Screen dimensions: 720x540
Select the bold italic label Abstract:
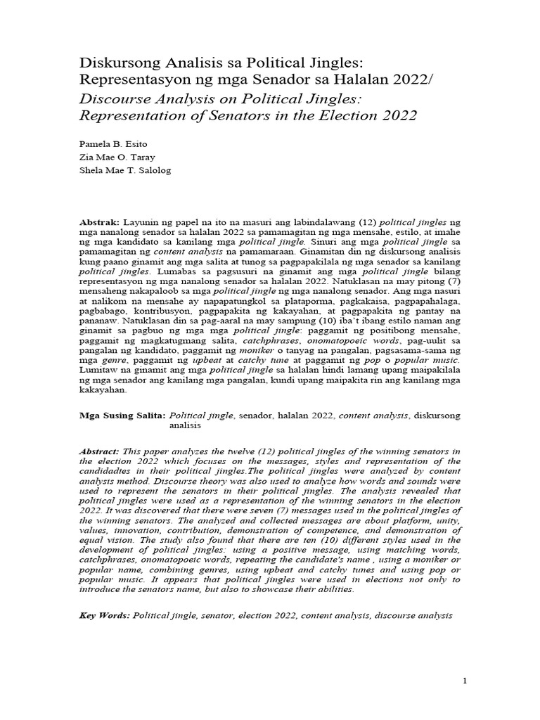pos(99,451)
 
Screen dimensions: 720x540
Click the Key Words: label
pos(104,615)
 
